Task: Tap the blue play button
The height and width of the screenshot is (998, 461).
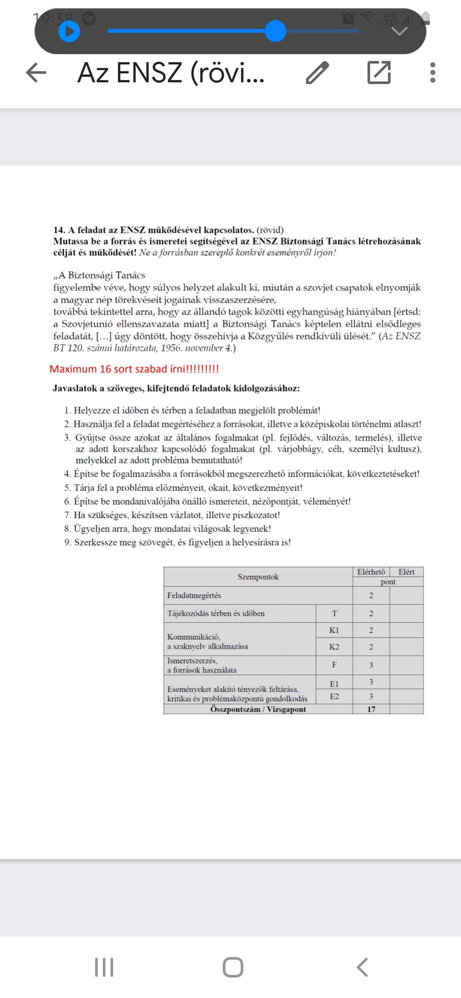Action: click(x=69, y=32)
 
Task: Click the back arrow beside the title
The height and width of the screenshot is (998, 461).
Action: click(x=36, y=73)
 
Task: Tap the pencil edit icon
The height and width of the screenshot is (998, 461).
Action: click(x=318, y=73)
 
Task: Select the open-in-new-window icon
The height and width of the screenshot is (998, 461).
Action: click(x=379, y=73)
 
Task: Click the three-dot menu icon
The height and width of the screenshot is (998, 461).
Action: click(x=433, y=73)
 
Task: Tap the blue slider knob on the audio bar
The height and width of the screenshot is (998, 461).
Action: click(x=275, y=31)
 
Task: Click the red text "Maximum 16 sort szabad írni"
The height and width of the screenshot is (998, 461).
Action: click(x=134, y=369)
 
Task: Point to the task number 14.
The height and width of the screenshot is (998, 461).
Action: click(x=59, y=230)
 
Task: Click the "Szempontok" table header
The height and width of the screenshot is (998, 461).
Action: click(x=258, y=577)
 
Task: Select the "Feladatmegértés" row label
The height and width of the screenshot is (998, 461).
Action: click(x=194, y=595)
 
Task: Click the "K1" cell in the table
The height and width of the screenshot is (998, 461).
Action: click(x=334, y=630)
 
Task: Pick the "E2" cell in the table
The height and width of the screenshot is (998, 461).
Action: click(x=334, y=696)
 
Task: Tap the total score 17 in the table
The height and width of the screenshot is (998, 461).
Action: click(x=371, y=709)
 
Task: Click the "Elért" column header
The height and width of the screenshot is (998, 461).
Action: click(x=406, y=572)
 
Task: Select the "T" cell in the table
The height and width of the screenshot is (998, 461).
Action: click(x=334, y=613)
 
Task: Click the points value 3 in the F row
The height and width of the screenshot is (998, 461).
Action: click(x=371, y=665)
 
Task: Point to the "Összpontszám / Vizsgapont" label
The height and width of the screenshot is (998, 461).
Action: click(x=258, y=709)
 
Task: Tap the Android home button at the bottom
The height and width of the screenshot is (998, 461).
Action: click(x=233, y=967)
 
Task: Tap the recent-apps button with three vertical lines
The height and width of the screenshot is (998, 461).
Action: click(x=104, y=967)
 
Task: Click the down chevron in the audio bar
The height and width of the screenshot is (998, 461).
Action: click(x=400, y=32)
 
